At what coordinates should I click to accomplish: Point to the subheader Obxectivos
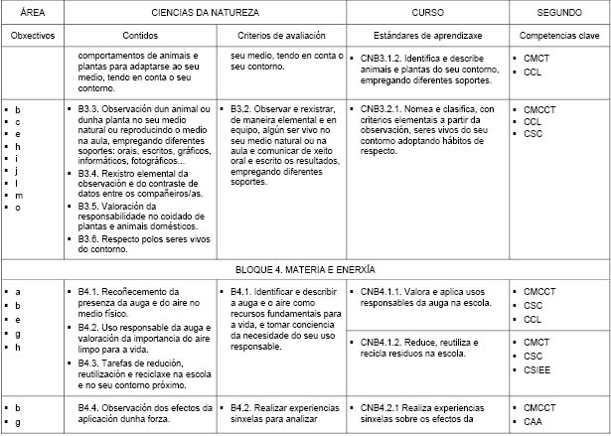pos(32,34)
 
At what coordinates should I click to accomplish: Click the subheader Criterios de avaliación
pos(286,34)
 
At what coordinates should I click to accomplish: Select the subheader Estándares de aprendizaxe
pos(428,34)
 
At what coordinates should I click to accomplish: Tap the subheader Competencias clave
pos(558,34)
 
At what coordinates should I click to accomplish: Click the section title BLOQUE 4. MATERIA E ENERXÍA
pos(305,269)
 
